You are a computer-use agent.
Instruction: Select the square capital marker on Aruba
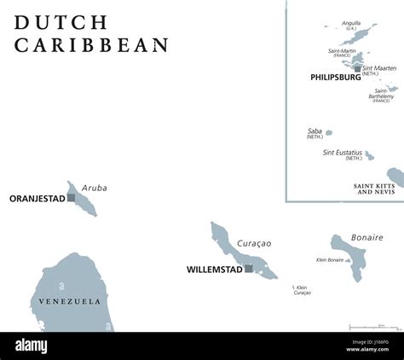pyautogui.click(x=71, y=198)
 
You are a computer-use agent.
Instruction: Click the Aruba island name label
pyautogui.click(x=95, y=188)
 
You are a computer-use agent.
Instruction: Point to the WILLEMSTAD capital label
pyautogui.click(x=214, y=270)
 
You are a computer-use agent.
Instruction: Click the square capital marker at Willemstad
pyautogui.click(x=248, y=269)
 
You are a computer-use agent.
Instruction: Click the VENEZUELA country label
pyautogui.click(x=69, y=301)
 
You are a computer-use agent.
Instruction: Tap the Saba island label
pyautogui.click(x=315, y=131)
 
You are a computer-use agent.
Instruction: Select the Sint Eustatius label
pyautogui.click(x=342, y=153)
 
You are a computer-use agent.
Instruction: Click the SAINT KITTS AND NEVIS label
pyautogui.click(x=376, y=189)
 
